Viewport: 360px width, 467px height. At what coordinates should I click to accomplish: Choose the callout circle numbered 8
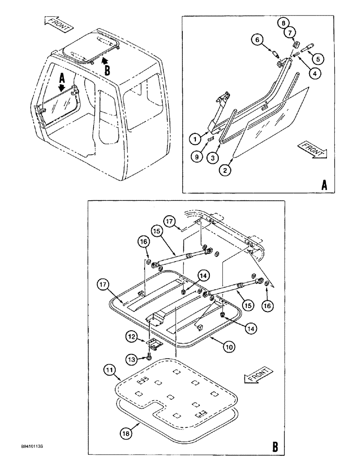click(284, 22)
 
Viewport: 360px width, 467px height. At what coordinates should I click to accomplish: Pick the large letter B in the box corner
click(275, 447)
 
